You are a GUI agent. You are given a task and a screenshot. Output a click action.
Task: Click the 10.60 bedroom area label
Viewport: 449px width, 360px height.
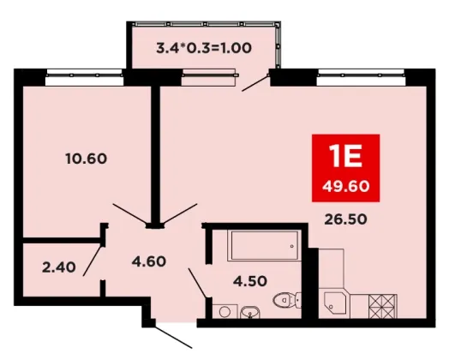click(87, 159)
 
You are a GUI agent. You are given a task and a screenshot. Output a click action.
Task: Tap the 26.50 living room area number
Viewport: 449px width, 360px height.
click(345, 219)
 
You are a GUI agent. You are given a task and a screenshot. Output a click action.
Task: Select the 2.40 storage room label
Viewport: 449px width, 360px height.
click(59, 267)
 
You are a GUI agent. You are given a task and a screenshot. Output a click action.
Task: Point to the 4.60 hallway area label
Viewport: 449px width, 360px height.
click(149, 261)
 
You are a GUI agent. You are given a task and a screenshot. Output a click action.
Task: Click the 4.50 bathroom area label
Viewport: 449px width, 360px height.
click(250, 281)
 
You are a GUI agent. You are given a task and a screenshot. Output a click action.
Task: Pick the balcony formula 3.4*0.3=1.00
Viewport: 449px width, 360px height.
click(204, 48)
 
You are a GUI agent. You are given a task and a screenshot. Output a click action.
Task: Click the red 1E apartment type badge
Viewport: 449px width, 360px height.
click(345, 168)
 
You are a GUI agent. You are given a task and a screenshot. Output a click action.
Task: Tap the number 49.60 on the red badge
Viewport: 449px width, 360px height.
click(345, 187)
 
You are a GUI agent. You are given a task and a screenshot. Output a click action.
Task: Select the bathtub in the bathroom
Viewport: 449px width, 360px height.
click(265, 246)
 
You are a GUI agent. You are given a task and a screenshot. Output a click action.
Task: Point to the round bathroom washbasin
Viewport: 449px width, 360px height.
click(250, 312)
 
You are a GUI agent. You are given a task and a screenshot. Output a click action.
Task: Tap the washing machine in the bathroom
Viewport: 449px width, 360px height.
click(225, 311)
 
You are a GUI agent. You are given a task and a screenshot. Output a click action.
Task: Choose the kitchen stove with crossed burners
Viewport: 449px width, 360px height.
click(383, 306)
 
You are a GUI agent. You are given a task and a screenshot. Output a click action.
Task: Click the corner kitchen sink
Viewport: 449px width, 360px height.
click(335, 305)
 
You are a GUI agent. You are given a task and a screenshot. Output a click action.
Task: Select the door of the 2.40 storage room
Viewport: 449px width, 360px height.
click(93, 261)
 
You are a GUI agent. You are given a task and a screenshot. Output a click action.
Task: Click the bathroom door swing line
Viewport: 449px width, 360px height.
click(197, 283)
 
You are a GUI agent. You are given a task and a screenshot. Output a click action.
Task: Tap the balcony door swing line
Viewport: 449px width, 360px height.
click(255, 83)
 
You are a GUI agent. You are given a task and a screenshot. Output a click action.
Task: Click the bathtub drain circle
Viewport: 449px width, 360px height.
click(292, 246)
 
